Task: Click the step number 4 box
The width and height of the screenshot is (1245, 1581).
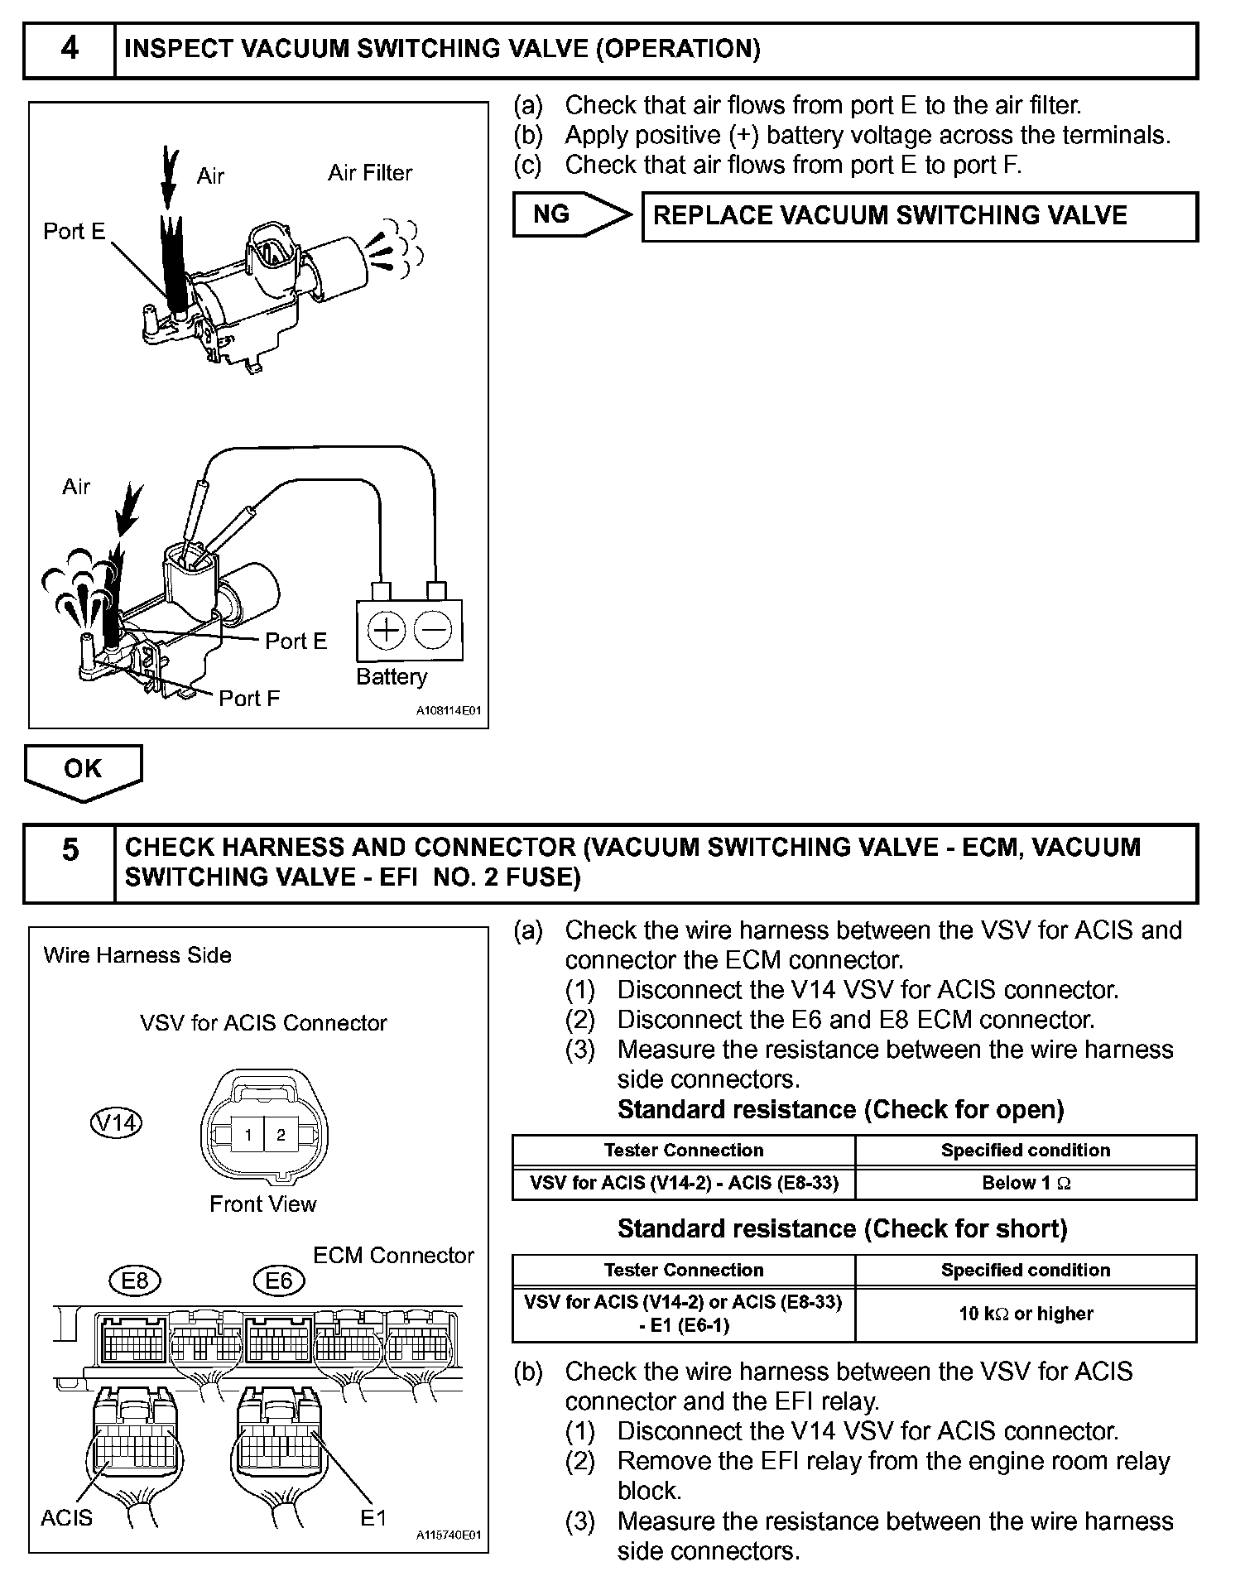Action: point(70,50)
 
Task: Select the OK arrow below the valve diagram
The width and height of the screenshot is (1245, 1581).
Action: point(83,770)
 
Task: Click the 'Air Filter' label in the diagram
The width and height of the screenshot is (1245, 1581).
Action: point(370,173)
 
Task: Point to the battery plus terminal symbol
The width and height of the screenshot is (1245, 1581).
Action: point(386,631)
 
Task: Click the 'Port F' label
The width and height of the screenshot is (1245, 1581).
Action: point(249,699)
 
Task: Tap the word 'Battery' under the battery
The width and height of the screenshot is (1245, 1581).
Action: point(392,677)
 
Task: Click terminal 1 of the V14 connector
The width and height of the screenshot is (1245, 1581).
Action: point(248,1135)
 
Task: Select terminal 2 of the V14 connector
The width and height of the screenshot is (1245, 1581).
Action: point(281,1135)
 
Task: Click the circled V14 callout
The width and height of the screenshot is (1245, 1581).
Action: point(116,1122)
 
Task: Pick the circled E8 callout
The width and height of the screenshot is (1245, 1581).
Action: point(134,1281)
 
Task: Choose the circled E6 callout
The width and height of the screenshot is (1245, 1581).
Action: point(279,1281)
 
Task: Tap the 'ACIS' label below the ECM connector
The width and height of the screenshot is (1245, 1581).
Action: point(67,1518)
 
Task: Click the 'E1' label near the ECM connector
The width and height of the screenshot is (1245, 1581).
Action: point(373,1518)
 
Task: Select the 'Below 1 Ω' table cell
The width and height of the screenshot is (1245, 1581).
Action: point(1026,1183)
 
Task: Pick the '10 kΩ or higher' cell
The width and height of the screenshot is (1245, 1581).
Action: point(1026,1314)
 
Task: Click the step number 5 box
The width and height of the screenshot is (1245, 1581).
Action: point(70,863)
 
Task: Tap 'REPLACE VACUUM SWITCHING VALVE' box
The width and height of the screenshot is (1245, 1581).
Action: point(919,216)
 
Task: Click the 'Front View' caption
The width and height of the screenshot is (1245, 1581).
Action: point(263,1204)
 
